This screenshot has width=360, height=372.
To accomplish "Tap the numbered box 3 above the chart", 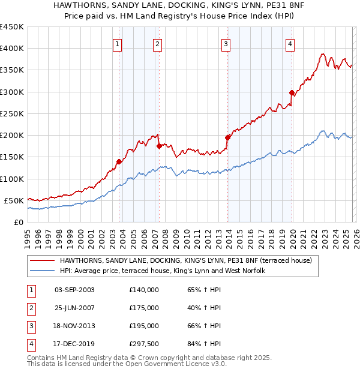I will click(x=226, y=44).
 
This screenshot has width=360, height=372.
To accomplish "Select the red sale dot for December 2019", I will click(x=292, y=92).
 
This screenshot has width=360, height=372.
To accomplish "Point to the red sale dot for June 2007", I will click(x=159, y=146).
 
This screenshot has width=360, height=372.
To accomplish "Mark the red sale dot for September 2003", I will click(x=119, y=161).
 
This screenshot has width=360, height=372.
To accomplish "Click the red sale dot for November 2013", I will click(x=228, y=137).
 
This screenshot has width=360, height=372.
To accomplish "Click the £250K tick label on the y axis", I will click(x=12, y=113).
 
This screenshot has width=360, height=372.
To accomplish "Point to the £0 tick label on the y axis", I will click(x=18, y=222).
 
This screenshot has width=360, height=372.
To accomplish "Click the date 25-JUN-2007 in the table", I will click(x=74, y=308).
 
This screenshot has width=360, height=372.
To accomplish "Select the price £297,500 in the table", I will click(x=144, y=344).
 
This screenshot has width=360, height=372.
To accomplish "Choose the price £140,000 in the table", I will click(x=144, y=290).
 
